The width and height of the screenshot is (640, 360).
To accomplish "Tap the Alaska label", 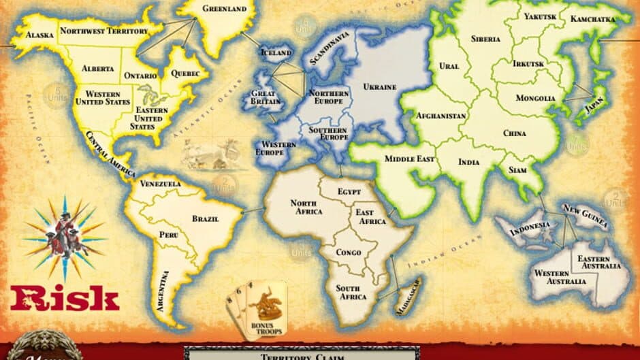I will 39,35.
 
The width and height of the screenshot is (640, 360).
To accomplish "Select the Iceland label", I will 277,53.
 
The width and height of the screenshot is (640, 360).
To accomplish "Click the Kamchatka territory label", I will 592,19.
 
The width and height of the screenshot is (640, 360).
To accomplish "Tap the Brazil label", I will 204,218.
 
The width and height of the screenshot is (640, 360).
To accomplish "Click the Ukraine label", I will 380,87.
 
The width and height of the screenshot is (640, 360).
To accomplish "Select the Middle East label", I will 410,159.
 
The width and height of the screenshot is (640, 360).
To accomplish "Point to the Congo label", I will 348,252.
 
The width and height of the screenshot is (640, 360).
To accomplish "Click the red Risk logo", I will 65,298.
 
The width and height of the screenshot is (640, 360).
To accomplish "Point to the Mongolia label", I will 535,98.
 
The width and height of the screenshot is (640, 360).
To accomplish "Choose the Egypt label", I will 349,192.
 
